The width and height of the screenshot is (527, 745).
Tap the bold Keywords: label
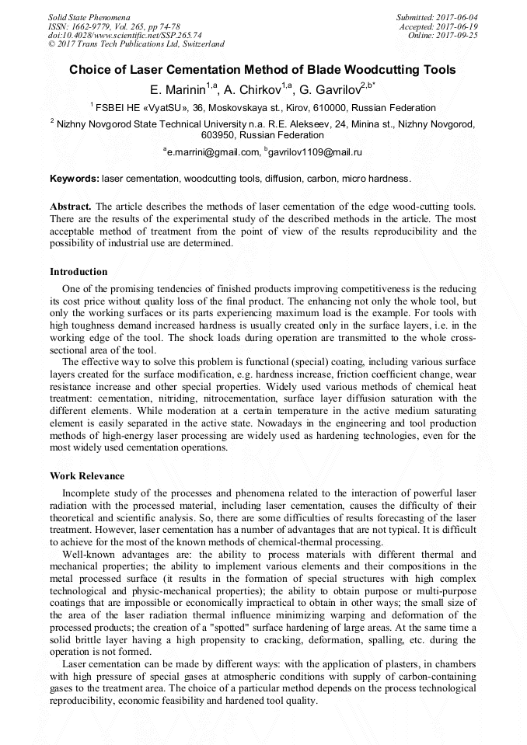click(x=75, y=179)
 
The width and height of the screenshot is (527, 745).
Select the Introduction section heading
click(x=79, y=272)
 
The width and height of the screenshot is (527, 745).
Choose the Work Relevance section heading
click(x=86, y=475)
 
